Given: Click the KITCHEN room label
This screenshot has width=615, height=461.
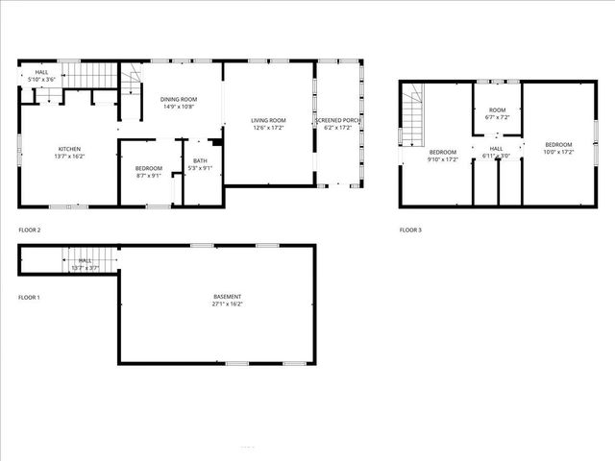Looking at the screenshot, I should point(69,149).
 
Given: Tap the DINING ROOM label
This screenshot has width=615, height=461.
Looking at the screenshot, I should point(178,99).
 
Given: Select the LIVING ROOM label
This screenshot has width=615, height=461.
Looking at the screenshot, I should point(270,120).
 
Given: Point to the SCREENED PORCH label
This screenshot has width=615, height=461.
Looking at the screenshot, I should point(340,120).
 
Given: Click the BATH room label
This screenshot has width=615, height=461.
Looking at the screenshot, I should point(200,160).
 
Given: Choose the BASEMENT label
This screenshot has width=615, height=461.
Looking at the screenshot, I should point(228,297).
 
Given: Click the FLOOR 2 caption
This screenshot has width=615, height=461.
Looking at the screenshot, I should point(30,230).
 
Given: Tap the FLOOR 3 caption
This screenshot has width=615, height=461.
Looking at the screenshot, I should point(410,230).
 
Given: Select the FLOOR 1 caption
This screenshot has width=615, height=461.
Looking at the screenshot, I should point(30,298).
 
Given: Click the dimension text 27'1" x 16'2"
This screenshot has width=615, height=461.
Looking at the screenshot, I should point(228,304).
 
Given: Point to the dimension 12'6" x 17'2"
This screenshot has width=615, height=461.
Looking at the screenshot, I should point(270,128).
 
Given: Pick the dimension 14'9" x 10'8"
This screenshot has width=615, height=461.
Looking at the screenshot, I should point(178,107).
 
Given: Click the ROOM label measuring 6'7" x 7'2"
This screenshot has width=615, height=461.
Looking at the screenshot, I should point(497,110).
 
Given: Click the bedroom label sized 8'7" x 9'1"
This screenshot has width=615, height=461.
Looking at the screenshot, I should point(149,169).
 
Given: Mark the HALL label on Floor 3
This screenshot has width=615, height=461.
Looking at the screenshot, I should point(497,149).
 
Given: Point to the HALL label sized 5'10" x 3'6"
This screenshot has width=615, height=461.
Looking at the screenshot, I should point(42,72).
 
